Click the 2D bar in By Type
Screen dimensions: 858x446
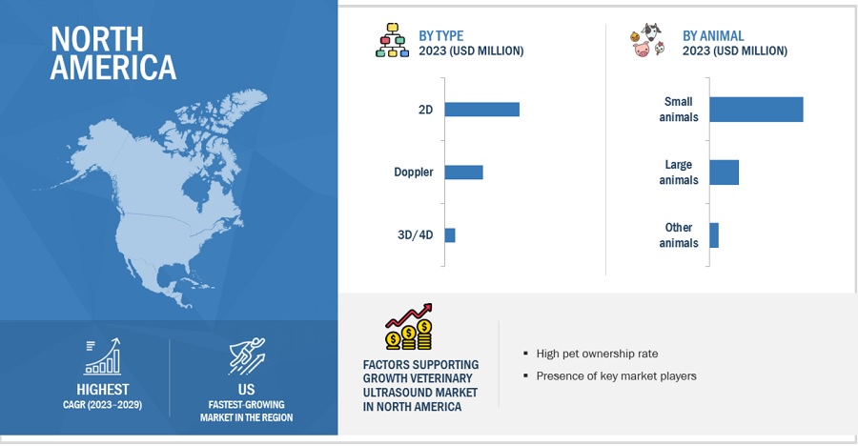481,110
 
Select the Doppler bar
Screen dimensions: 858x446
463,172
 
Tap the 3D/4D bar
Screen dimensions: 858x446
450,235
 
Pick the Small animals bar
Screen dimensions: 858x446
756,110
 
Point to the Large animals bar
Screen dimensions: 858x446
724,172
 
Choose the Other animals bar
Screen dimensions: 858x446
714,235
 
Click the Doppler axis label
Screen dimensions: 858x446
414,172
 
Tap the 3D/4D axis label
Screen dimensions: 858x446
416,234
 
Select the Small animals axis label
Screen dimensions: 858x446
679,109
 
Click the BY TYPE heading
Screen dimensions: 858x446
441,35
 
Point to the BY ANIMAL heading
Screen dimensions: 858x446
713,35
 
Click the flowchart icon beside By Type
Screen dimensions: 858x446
393,40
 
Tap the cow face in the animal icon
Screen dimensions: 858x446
651,30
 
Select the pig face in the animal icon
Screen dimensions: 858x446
642,50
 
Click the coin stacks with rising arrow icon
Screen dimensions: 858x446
409,327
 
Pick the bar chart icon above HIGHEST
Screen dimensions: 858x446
102,356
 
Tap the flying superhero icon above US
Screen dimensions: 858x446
247,355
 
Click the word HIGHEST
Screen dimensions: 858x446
103,390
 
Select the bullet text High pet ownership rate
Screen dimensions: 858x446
597,354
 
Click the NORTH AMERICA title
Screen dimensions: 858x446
113,53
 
